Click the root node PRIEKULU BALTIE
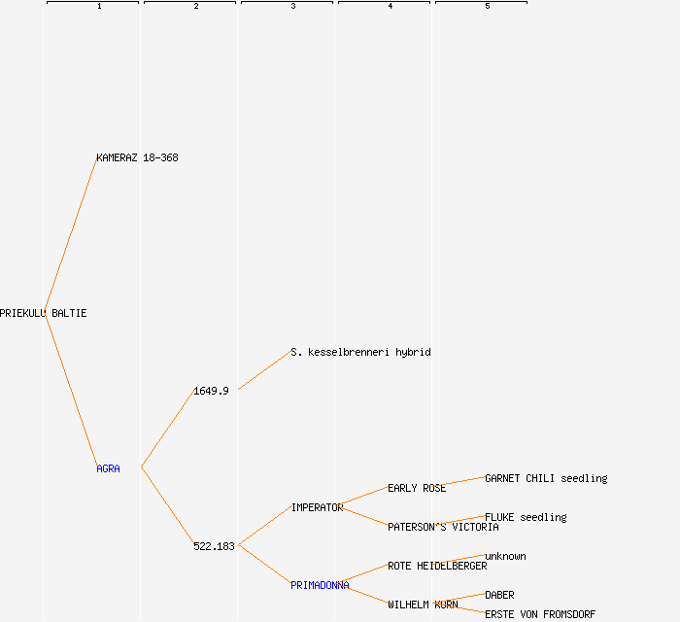[44, 313]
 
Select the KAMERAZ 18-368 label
[138, 157]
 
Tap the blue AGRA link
[108, 468]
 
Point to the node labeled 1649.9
[211, 392]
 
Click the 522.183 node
[214, 546]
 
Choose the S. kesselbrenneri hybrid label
[360, 352]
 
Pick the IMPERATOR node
[317, 508]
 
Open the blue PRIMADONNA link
[320, 586]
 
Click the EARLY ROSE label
[417, 489]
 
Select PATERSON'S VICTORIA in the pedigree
[443, 527]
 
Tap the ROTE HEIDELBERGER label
[437, 566]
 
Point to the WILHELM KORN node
[423, 605]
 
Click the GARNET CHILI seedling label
[546, 478]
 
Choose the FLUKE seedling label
[527, 517]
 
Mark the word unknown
[505, 557]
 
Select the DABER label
[499, 595]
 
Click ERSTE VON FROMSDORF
[540, 614]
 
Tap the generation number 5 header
[488, 6]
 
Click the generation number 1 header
[99, 6]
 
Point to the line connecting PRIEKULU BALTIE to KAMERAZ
[71, 235]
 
